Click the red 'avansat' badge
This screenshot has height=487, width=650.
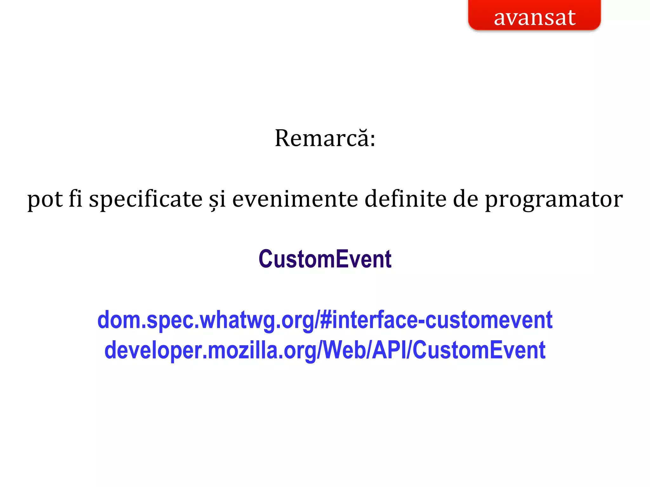(x=534, y=16)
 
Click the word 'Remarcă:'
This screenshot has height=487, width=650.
(x=325, y=139)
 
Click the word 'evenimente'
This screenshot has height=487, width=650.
(x=295, y=199)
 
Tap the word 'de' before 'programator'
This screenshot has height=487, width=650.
(x=465, y=199)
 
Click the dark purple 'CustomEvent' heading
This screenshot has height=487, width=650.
(x=325, y=259)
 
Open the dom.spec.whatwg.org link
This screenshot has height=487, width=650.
(x=325, y=320)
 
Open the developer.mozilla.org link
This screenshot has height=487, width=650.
(x=325, y=350)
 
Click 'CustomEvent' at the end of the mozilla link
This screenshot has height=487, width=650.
(x=479, y=350)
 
